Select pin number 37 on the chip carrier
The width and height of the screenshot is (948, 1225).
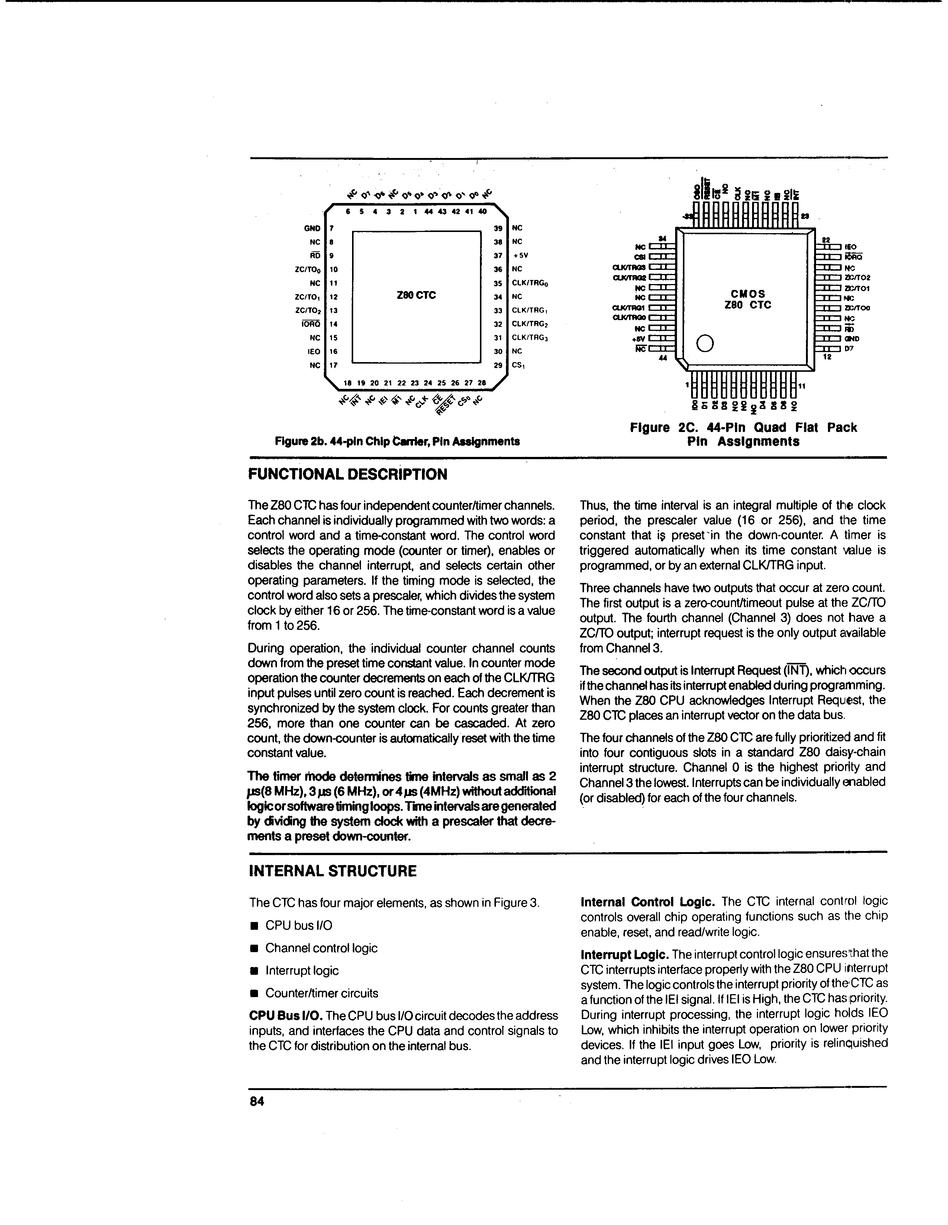click(x=497, y=255)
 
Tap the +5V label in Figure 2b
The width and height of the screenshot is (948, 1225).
click(x=520, y=255)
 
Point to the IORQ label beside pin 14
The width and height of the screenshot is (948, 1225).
click(x=311, y=324)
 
